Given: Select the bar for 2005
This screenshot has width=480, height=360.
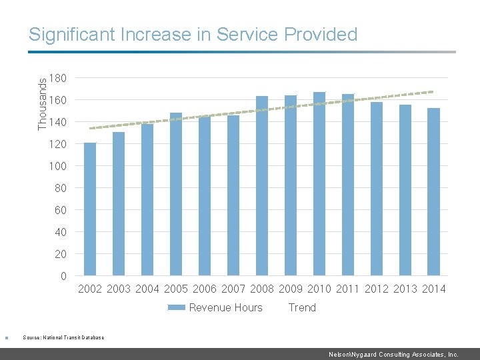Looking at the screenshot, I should click(x=176, y=194).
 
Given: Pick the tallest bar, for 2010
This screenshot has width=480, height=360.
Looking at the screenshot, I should click(x=319, y=183).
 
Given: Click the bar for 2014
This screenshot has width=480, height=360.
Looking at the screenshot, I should click(x=434, y=191).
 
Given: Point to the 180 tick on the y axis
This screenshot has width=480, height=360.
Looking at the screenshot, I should click(x=58, y=79).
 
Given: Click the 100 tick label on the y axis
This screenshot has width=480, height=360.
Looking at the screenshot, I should click(x=58, y=166).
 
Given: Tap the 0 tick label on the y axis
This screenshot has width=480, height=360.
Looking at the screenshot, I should click(x=63, y=276).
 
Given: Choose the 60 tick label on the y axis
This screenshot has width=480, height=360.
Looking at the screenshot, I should click(x=60, y=210).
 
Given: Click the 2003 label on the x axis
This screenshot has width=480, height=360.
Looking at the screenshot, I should click(x=119, y=289).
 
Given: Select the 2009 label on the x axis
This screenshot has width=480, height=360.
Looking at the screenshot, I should click(x=291, y=289).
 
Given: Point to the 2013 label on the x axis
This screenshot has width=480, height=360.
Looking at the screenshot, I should click(x=405, y=289).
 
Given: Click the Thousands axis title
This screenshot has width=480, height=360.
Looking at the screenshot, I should click(x=43, y=103).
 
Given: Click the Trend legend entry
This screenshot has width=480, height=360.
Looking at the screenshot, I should click(x=302, y=307).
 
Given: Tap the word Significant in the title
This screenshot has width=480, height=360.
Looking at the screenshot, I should click(x=73, y=35).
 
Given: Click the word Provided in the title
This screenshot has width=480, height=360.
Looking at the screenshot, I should click(x=321, y=35).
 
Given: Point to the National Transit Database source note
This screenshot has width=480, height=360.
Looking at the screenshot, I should click(x=63, y=337).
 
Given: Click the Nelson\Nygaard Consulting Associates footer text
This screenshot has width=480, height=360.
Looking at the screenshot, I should click(x=393, y=355).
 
